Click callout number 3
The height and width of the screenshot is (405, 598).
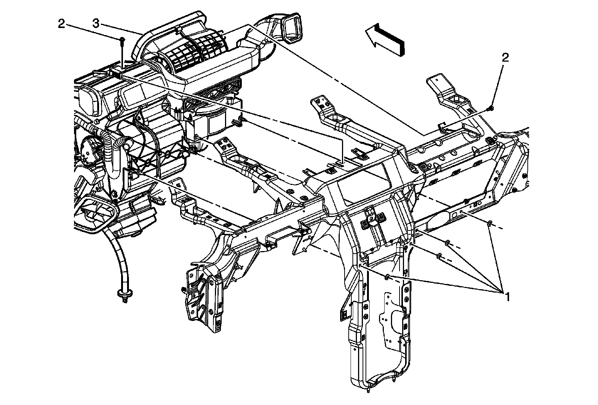coord(96,24)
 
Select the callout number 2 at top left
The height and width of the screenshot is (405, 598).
coord(61,24)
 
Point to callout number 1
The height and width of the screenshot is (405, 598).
coord(507,297)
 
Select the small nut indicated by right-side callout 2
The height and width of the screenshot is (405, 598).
coord(491,108)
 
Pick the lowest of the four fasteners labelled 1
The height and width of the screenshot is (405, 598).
coord(388,277)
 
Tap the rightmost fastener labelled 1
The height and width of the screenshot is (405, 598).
coord(489,224)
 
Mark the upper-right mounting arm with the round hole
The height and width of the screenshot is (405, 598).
coord(454,95)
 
